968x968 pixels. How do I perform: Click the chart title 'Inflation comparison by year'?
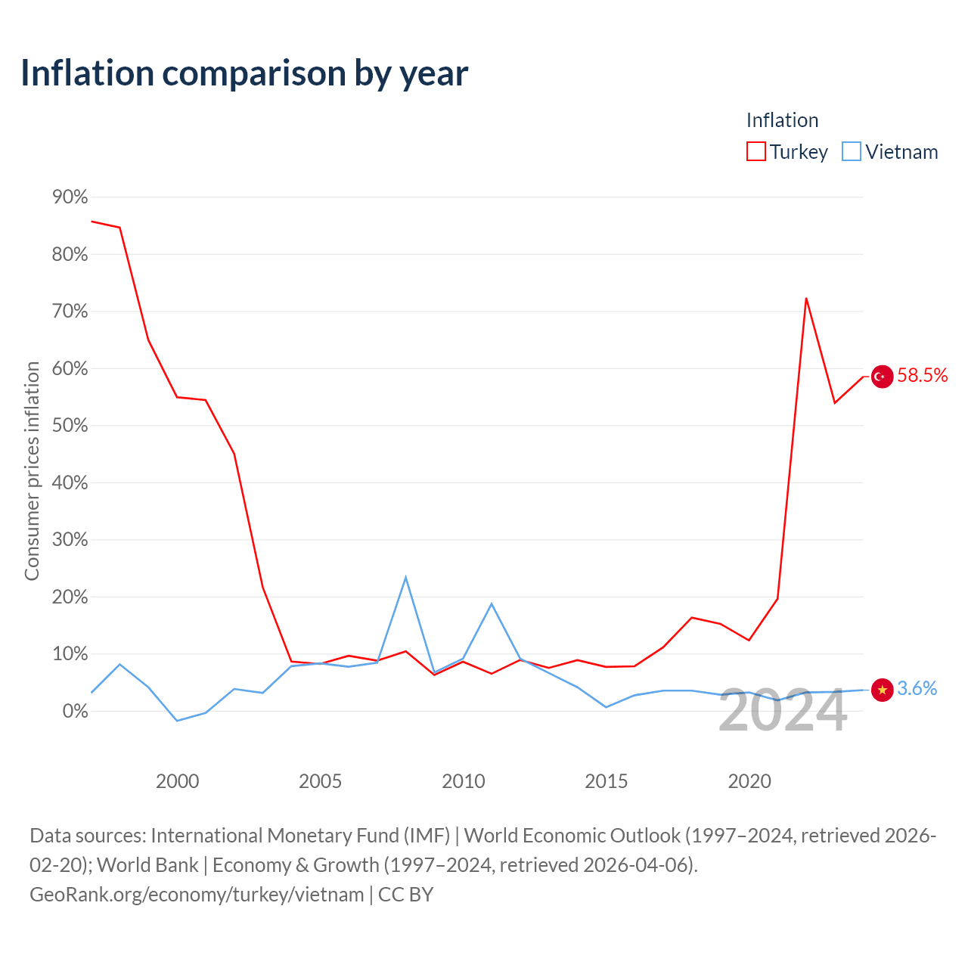[244, 73]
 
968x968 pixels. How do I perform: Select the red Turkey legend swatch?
[755, 151]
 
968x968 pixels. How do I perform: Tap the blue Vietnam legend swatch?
[851, 151]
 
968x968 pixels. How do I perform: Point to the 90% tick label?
[70, 197]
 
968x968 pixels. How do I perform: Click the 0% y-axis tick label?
[76, 711]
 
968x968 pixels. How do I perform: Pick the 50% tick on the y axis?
[70, 426]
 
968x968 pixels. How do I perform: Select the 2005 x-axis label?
[320, 781]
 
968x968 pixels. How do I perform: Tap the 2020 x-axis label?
[749, 781]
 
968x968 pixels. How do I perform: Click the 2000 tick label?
[177, 781]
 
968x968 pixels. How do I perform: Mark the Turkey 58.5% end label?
[923, 375]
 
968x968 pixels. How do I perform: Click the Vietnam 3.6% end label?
[917, 688]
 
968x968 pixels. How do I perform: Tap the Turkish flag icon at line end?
[882, 377]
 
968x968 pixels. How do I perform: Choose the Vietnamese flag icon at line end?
[882, 690]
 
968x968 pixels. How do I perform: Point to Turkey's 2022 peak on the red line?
[806, 299]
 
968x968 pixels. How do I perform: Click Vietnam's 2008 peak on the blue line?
[405, 577]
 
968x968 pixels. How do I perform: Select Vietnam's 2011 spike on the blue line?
[492, 603]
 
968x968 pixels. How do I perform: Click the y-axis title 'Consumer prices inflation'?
[32, 470]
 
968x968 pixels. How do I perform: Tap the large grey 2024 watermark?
[783, 711]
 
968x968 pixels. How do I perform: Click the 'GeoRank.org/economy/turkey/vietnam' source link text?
[197, 895]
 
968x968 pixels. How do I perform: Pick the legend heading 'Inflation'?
[782, 120]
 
